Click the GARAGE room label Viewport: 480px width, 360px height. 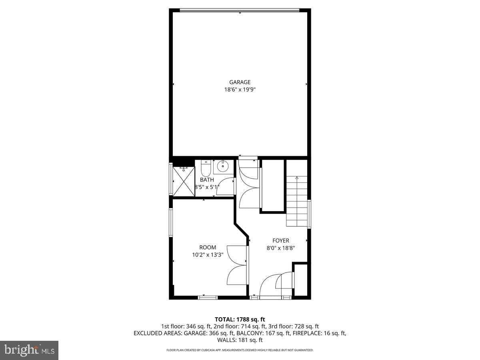[x=240, y=82]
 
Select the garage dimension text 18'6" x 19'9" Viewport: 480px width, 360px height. [x=240, y=90]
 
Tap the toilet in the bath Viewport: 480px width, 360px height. [x=206, y=169]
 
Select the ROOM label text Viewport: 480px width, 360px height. [x=208, y=248]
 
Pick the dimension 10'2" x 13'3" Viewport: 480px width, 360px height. [x=208, y=255]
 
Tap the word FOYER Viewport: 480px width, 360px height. [x=281, y=241]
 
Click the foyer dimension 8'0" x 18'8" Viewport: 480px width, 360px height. [x=281, y=248]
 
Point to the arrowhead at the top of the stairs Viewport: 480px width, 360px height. [x=297, y=178]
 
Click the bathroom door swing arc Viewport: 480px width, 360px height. [x=226, y=186]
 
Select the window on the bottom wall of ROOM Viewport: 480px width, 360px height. [x=208, y=297]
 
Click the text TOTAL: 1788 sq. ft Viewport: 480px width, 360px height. [x=240, y=319]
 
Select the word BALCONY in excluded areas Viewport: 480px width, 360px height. [x=248, y=333]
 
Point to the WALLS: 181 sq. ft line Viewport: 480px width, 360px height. [x=240, y=340]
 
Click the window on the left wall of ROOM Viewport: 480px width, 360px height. [x=171, y=222]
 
